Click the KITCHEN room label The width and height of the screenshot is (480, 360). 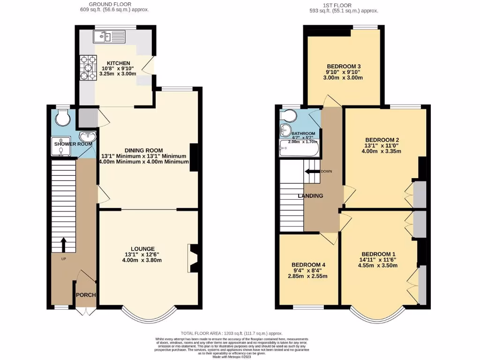point(118,63)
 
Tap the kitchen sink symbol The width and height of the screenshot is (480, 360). point(109,36)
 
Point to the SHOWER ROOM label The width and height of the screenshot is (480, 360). point(73,144)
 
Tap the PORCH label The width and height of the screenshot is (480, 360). point(86,295)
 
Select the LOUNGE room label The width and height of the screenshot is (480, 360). point(143,248)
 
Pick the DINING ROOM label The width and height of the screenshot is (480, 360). point(144,150)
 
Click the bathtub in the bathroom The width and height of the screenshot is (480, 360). point(299,150)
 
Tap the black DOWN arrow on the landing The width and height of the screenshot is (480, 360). point(310,171)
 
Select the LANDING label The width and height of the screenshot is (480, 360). point(310,196)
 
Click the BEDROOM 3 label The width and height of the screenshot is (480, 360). point(344,66)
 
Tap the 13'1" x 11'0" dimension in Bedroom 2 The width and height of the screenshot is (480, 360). point(382,145)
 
